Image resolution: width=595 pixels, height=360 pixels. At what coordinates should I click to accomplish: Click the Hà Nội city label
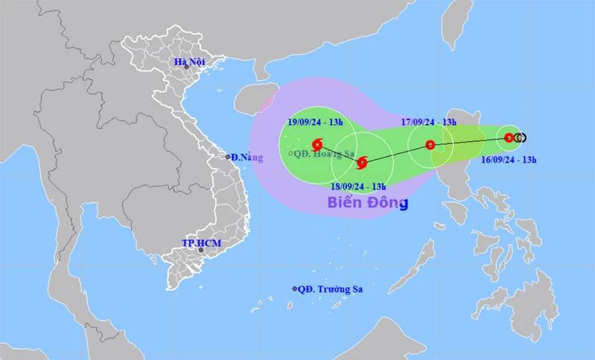pyautogui.click(x=188, y=61)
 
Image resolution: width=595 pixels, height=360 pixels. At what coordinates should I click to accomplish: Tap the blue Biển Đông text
pyautogui.click(x=367, y=202)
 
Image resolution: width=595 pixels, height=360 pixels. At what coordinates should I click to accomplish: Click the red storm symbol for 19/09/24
pyautogui.click(x=317, y=144)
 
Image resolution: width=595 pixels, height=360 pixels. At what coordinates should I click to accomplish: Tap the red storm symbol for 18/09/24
pyautogui.click(x=362, y=163)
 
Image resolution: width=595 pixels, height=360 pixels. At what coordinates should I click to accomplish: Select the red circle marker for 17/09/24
pyautogui.click(x=429, y=145)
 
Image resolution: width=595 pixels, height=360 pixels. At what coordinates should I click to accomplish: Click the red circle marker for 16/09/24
pyautogui.click(x=509, y=138)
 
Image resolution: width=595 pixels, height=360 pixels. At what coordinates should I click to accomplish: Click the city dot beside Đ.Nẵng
pyautogui.click(x=228, y=157)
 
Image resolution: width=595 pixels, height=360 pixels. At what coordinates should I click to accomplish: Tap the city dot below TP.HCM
pyautogui.click(x=201, y=251)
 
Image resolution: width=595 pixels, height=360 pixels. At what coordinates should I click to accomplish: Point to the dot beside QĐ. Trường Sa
pyautogui.click(x=295, y=289)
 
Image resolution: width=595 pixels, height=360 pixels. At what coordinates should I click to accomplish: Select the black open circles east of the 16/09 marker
pyautogui.click(x=521, y=138)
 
